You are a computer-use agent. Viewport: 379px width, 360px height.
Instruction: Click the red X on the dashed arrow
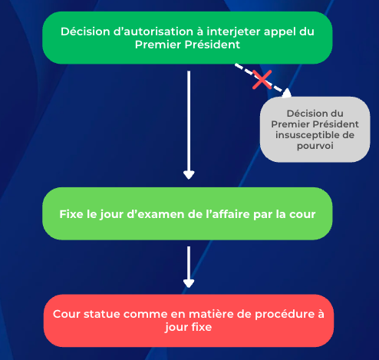[262, 80]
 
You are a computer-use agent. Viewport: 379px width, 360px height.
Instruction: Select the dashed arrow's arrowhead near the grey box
[287, 93]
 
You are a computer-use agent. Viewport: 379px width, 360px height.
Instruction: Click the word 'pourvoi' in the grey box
[315, 147]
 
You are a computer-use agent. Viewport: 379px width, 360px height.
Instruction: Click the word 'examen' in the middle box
[163, 214]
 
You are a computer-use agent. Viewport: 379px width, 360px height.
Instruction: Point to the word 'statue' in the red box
[102, 314]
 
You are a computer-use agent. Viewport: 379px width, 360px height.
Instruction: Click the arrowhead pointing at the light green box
[189, 175]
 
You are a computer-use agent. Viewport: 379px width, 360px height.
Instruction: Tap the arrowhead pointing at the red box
[189, 283]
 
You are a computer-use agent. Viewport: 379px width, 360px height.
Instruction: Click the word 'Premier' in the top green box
[158, 45]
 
